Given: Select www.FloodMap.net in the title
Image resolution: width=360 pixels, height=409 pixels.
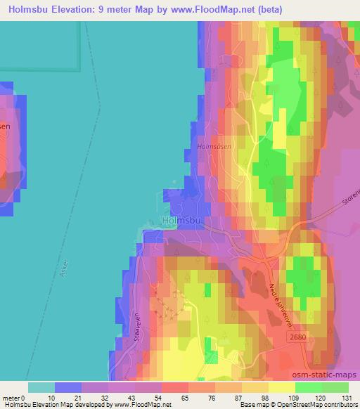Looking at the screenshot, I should tap(231, 9).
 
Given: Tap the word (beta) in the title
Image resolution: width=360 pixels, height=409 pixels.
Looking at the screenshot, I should tap(296, 9).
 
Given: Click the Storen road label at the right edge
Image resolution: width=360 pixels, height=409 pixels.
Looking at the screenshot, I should tap(349, 204).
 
